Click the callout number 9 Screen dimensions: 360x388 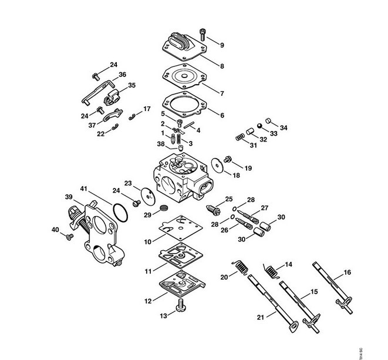[x=222, y=45]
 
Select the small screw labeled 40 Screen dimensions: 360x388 [x=69, y=236]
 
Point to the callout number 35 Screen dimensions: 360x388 [x=131, y=85]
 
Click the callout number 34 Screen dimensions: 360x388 [x=284, y=128]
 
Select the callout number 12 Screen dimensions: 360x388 [x=149, y=301]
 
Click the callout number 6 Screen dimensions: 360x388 [x=222, y=115]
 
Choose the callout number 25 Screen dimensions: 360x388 [x=229, y=198]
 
